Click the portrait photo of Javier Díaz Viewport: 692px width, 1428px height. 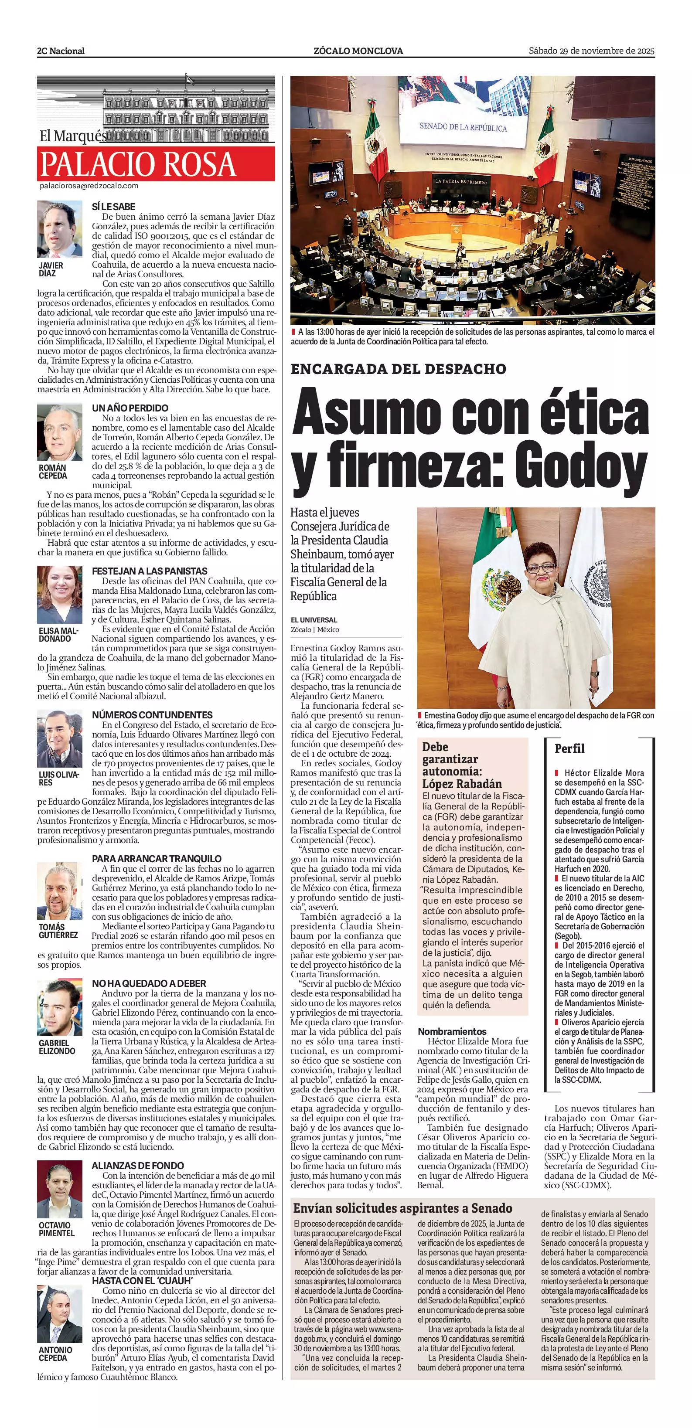pos(59,229)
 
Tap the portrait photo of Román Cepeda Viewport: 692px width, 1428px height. pos(59,432)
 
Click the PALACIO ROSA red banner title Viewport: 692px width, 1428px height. pos(139,164)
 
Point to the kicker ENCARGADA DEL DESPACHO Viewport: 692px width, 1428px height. pos(398,369)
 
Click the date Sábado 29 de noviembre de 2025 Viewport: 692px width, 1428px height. pos(592,51)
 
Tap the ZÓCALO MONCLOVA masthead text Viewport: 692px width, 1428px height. pos(358,51)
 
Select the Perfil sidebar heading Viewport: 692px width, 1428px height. pos(569,748)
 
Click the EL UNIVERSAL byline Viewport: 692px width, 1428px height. pos(314,620)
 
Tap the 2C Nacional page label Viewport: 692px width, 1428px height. pos(61,51)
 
